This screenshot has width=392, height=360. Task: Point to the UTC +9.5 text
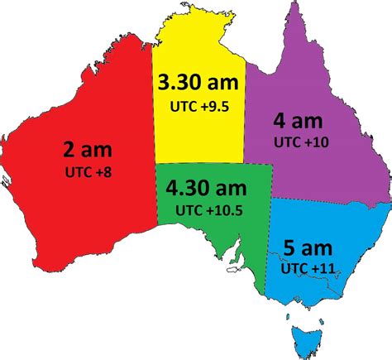[x=198, y=105]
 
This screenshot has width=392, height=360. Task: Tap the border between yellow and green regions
[x=198, y=163]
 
